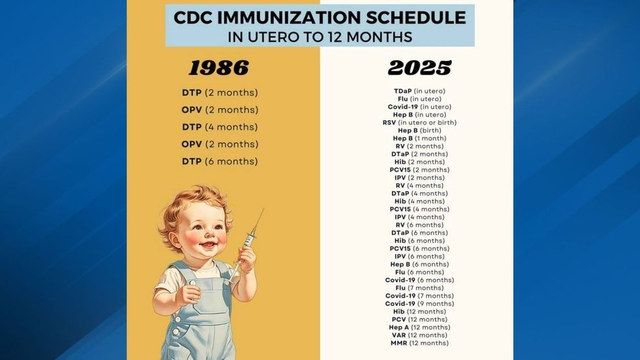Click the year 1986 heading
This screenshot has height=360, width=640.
click(x=219, y=67)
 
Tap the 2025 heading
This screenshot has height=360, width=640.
click(x=419, y=67)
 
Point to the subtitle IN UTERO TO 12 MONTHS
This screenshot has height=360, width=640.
click(x=320, y=37)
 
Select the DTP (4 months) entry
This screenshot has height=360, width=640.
click(x=219, y=127)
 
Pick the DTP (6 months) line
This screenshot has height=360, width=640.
click(x=219, y=162)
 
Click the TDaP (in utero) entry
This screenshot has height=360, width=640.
click(x=419, y=91)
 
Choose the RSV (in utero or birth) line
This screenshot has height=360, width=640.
click(x=419, y=123)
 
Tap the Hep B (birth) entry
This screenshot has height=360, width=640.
click(x=419, y=130)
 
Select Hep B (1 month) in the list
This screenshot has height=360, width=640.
click(x=419, y=138)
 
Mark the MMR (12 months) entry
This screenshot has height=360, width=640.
click(x=419, y=343)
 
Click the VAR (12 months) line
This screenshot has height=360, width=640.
click(x=419, y=335)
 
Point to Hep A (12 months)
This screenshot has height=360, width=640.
click(x=419, y=328)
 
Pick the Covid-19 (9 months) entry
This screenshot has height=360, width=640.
click(x=419, y=304)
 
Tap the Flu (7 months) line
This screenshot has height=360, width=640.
click(x=419, y=288)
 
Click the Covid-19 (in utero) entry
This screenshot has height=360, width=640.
click(x=419, y=107)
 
